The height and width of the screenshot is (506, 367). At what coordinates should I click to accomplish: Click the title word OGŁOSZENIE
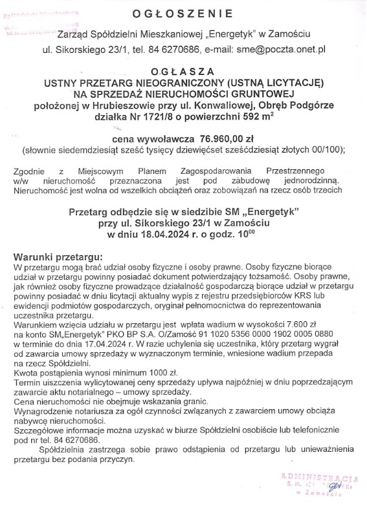(183, 14)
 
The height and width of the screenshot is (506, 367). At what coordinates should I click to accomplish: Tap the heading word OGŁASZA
(183, 72)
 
